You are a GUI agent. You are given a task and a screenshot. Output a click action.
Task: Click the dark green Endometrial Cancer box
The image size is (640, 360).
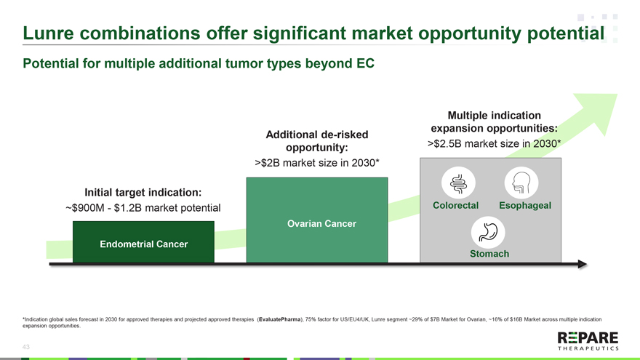(x=143, y=242)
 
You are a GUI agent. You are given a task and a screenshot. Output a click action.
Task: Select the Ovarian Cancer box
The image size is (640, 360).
(x=317, y=220)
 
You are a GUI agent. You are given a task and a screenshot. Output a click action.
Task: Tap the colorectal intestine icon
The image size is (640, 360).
(x=458, y=183)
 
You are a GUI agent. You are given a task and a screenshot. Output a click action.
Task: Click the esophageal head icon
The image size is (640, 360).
(x=521, y=183)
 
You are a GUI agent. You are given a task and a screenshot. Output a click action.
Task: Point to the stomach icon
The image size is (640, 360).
(x=488, y=232)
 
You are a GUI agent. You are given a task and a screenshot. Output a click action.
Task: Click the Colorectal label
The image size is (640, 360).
(x=455, y=205)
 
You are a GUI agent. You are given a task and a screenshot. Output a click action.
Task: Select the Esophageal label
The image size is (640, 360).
(x=525, y=205)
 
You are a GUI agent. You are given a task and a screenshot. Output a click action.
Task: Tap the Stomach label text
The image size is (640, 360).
(x=489, y=254)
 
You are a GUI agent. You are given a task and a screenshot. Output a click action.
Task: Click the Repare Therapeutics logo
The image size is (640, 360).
(x=588, y=341)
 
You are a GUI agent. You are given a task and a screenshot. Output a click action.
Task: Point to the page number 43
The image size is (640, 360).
(x=25, y=347)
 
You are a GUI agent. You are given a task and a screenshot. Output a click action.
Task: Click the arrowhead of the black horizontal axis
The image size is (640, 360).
(x=583, y=264)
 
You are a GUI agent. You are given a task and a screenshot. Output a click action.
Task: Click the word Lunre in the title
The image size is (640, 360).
(x=48, y=33)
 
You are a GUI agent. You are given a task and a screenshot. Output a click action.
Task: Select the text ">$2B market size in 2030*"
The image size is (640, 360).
(x=317, y=163)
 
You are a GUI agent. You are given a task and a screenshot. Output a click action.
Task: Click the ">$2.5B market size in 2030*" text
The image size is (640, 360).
(x=495, y=144)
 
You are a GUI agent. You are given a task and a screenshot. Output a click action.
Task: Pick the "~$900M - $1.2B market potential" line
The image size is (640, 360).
(x=143, y=208)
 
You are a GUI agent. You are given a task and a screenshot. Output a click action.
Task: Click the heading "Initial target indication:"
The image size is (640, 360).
(x=143, y=192)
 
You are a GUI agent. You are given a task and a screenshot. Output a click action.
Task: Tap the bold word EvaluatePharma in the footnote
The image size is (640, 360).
(x=279, y=319)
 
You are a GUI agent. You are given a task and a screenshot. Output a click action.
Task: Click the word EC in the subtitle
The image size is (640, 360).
(x=365, y=64)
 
